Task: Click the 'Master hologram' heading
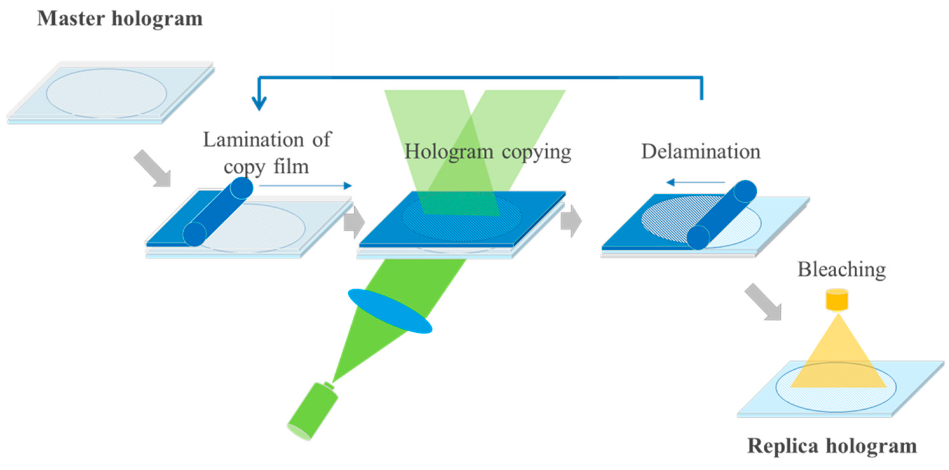pyautogui.click(x=120, y=18)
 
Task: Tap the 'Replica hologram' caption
pyautogui.click(x=832, y=446)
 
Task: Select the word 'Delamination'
pyautogui.click(x=701, y=151)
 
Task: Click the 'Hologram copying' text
pyautogui.click(x=488, y=151)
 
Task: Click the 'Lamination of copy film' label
pyautogui.click(x=267, y=153)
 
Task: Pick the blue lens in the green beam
pyautogui.click(x=390, y=311)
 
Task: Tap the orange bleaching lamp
pyautogui.click(x=837, y=299)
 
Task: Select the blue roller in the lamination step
pyautogui.click(x=218, y=211)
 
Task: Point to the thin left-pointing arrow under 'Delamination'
pyautogui.click(x=695, y=182)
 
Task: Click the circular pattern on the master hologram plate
pyautogui.click(x=106, y=93)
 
